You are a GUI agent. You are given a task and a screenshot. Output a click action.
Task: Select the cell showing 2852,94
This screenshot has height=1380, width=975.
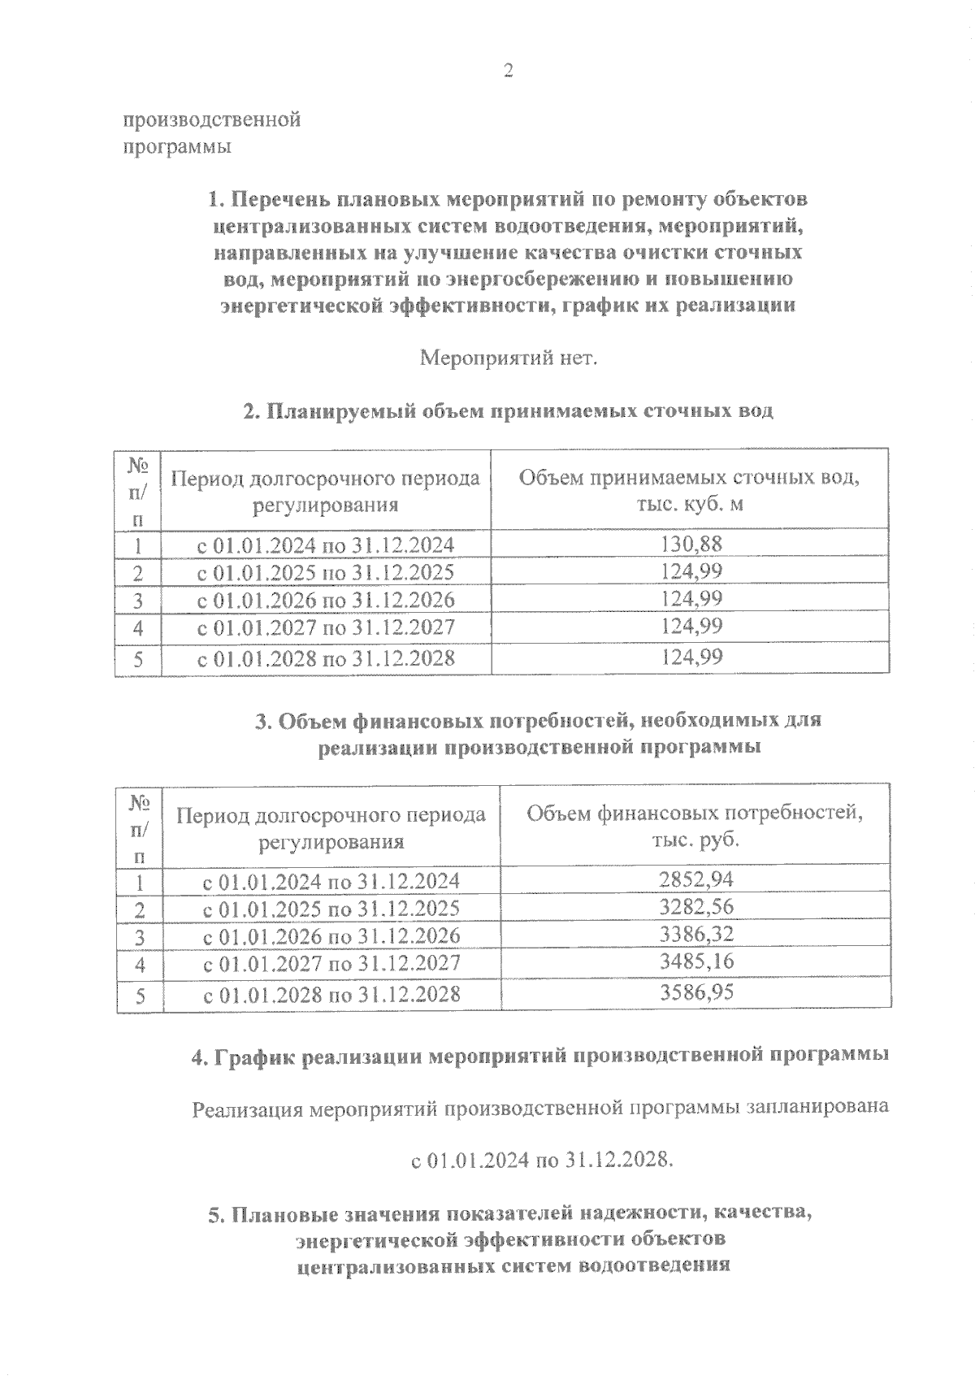pyautogui.click(x=693, y=879)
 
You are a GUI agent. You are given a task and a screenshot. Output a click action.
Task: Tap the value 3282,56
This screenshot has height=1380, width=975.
pyautogui.click(x=693, y=907)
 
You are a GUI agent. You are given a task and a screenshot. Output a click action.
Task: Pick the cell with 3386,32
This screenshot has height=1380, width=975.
pyautogui.click(x=693, y=935)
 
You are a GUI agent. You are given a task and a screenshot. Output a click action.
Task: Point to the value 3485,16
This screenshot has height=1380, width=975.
pyautogui.click(x=693, y=962)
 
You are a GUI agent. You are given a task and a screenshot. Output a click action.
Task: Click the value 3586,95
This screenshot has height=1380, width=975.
pyautogui.click(x=693, y=993)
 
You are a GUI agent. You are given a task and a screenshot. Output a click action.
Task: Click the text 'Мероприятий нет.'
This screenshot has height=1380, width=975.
pyautogui.click(x=508, y=358)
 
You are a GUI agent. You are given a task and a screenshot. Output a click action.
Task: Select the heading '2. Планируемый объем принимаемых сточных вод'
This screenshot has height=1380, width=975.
pyautogui.click(x=509, y=411)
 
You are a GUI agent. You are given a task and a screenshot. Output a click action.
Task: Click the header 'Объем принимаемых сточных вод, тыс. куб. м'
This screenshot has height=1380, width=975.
pyautogui.click(x=689, y=490)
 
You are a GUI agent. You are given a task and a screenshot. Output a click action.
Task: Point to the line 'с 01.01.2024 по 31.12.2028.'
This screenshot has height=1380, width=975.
pyautogui.click(x=543, y=1160)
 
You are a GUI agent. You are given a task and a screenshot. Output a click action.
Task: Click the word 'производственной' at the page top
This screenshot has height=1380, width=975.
pyautogui.click(x=212, y=120)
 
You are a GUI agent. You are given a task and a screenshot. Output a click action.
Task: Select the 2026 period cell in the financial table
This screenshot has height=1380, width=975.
pyautogui.click(x=331, y=936)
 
